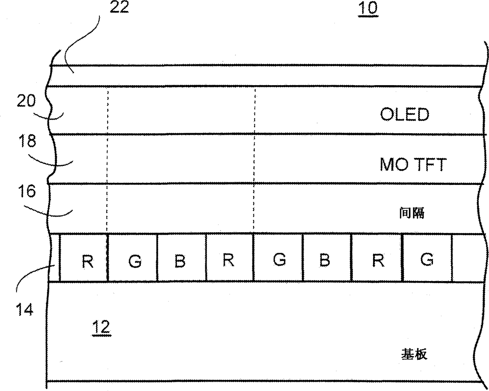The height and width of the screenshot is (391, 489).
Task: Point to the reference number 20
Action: (26, 101)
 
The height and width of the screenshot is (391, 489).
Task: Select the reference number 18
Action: (26, 141)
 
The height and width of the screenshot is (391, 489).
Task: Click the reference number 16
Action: (26, 192)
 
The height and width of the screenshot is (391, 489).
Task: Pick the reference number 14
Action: (25, 310)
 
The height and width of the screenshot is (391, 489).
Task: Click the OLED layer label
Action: (404, 114)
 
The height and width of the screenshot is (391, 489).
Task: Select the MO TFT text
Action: (412, 164)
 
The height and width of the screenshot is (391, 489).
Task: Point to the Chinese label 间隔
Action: (411, 213)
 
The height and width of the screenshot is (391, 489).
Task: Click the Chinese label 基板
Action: (414, 354)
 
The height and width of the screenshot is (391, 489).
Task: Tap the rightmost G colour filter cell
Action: (427, 259)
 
